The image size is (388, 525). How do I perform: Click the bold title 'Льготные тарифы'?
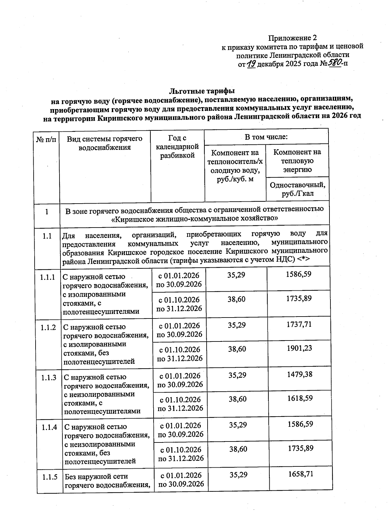pos(202,90)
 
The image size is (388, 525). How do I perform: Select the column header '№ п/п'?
pos(46,140)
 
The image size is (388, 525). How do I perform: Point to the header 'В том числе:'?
pos(266,137)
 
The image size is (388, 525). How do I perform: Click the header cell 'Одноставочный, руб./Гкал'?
pos(297,189)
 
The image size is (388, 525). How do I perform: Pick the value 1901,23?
pos(299,348)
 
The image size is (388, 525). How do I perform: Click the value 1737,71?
pos(299,324)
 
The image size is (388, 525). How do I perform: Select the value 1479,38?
pos(300,374)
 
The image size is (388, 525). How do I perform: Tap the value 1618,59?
pos(300,398)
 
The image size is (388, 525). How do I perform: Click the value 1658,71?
pos(301,474)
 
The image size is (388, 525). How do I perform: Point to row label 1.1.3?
pos(49,377)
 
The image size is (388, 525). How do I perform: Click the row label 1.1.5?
pos(49,477)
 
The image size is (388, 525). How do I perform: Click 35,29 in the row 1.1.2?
pos(237,325)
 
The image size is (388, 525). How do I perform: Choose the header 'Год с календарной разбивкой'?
pos(178,147)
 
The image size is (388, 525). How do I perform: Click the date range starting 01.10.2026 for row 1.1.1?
pos(179,304)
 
